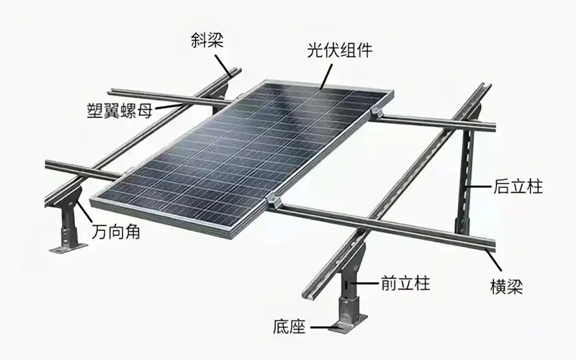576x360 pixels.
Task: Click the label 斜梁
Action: tap(207, 40)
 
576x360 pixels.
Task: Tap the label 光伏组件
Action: tap(340, 50)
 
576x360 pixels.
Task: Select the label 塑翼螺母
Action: tap(120, 110)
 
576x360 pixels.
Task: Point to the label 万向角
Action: tap(116, 231)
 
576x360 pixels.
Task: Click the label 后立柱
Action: tap(518, 186)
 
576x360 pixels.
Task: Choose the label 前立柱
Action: tap(405, 283)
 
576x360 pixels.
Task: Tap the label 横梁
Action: tap(507, 286)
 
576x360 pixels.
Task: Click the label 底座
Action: tap(289, 326)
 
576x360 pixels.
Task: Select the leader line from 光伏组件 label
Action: tap(327, 76)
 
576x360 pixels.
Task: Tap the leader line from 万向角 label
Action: tap(84, 211)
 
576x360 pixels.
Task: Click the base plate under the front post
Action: tap(348, 323)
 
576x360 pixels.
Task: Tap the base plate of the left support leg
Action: tap(68, 248)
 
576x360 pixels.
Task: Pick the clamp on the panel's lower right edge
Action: tap(273, 201)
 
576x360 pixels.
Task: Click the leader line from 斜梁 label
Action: tap(223, 66)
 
